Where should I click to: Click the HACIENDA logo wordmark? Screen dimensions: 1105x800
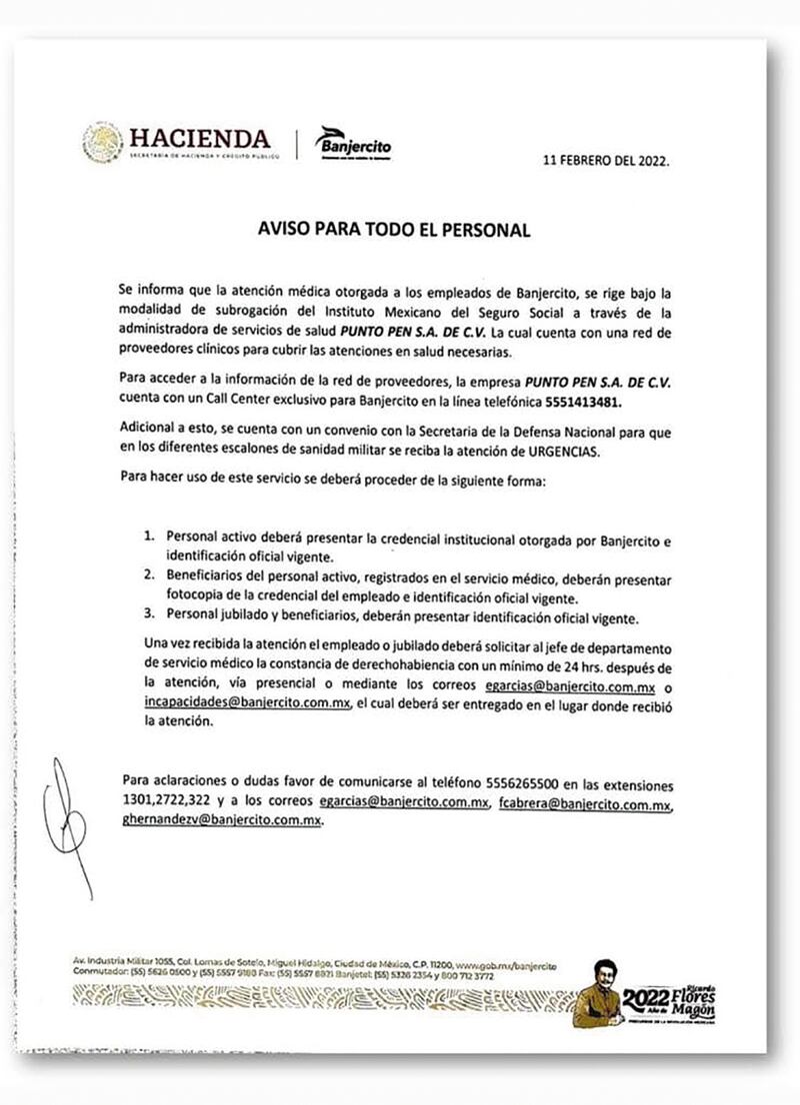coord(198,138)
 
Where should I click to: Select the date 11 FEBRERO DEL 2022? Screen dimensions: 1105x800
coord(605,160)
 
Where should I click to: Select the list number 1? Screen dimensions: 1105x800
coord(148,536)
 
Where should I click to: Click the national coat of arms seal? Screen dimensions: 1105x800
coord(103,143)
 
